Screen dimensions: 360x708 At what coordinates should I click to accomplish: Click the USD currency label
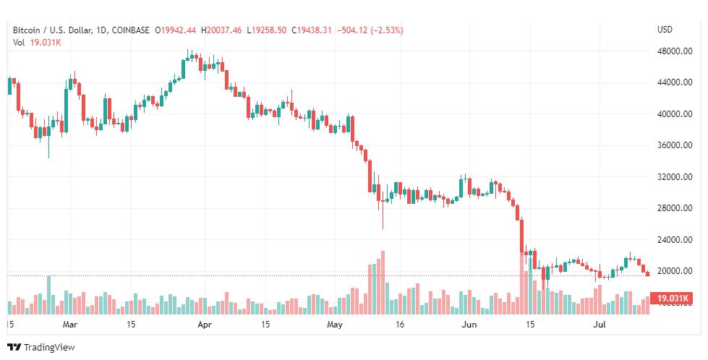tap(665, 30)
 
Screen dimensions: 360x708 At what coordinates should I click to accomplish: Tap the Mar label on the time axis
tap(69, 325)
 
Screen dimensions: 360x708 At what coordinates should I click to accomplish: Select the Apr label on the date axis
tap(203, 325)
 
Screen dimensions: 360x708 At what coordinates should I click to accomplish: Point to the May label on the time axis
tap(333, 325)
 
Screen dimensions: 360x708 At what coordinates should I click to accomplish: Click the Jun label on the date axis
tap(469, 325)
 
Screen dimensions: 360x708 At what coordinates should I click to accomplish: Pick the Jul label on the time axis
tap(600, 325)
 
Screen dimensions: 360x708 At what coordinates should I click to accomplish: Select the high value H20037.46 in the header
tap(224, 30)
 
